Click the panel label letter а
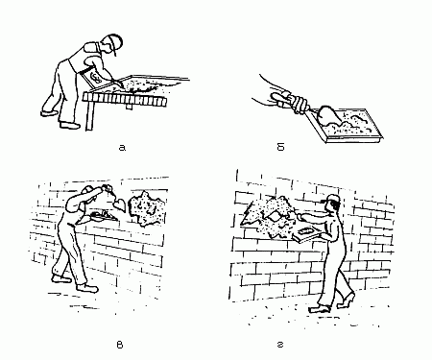pyautogui.click(x=122, y=148)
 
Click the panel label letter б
pyautogui.click(x=280, y=147)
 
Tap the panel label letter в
pyautogui.click(x=119, y=345)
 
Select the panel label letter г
pyautogui.click(x=280, y=345)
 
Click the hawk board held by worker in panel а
pyautogui.click(x=93, y=78)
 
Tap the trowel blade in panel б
pyautogui.click(x=329, y=114)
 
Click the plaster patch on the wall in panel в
pyautogui.click(x=146, y=207)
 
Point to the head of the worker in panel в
pyautogui.click(x=88, y=194)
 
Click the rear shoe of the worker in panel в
pyautogui.click(x=61, y=278)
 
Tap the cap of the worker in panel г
pyautogui.click(x=332, y=199)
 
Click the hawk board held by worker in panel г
pyautogui.click(x=307, y=234)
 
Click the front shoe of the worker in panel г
pyautogui.click(x=320, y=309)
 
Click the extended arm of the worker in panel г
pyautogui.click(x=314, y=218)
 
